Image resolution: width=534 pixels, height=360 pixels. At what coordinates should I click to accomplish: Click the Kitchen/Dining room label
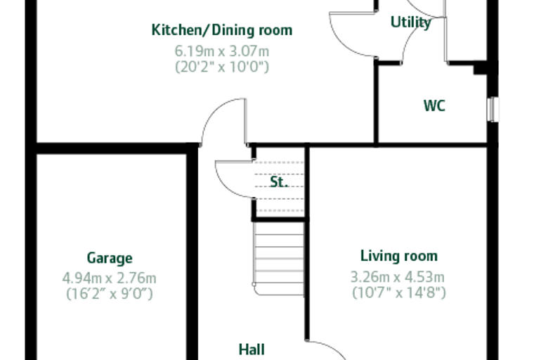pos(222,30)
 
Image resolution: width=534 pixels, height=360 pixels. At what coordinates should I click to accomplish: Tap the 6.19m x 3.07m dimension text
pos(222,51)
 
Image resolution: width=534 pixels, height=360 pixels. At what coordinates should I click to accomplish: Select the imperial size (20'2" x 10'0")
pos(222,67)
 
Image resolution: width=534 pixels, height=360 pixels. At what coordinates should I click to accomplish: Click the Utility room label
pos(411,22)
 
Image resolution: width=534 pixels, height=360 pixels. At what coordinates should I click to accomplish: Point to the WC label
pos(434,105)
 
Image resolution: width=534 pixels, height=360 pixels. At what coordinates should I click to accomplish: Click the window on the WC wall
pos(493,110)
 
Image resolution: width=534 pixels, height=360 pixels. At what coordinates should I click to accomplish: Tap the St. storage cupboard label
pos(279,181)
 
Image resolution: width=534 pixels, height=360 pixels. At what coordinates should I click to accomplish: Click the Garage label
pos(110,258)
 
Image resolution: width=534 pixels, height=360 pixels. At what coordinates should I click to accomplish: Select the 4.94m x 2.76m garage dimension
pos(109,278)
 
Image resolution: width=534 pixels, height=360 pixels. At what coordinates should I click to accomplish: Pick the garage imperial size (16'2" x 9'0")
pos(110,293)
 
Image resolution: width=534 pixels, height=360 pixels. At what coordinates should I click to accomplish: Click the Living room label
pos(399,256)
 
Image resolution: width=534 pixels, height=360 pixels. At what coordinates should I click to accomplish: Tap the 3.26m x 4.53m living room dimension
pos(398,277)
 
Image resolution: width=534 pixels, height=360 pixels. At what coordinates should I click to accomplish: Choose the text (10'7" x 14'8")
pos(399,292)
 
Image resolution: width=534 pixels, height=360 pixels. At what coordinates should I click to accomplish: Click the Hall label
pos(252,349)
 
